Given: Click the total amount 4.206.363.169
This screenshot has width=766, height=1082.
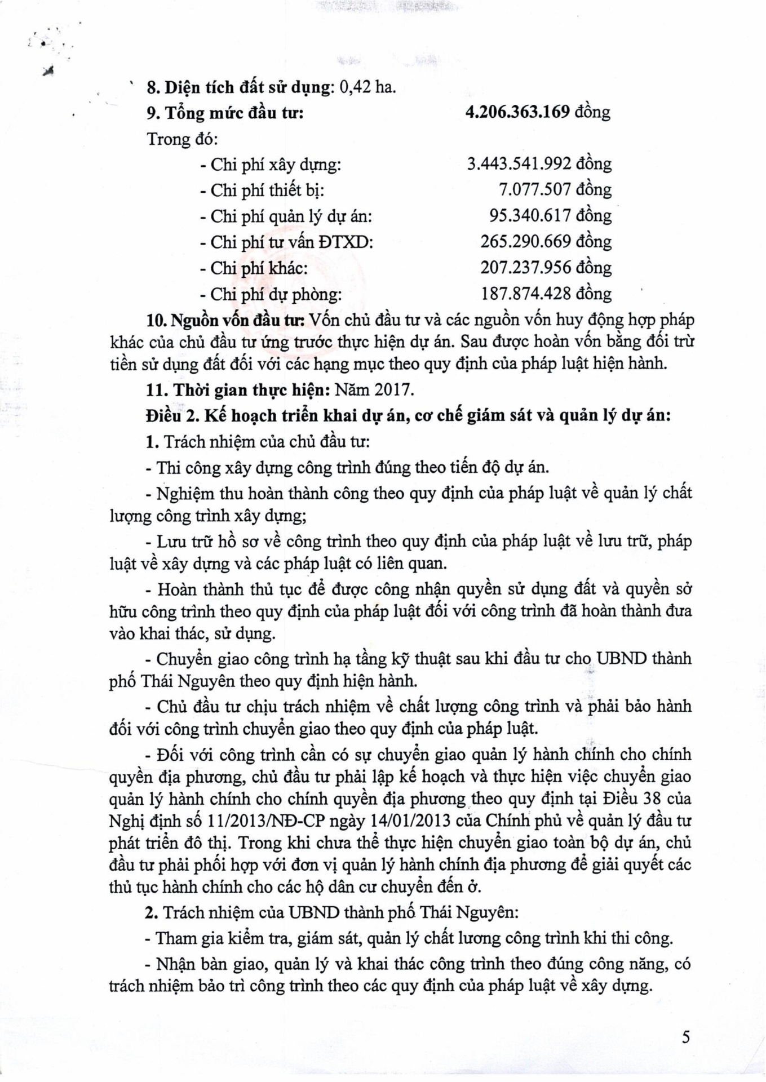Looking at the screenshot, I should pyautogui.click(x=517, y=112).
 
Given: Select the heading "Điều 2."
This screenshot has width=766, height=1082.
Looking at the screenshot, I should pyautogui.click(x=172, y=416).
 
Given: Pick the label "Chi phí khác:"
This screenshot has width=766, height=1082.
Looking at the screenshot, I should pyautogui.click(x=259, y=268).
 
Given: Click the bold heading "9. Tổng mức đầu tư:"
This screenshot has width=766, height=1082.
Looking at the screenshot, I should pyautogui.click(x=225, y=113).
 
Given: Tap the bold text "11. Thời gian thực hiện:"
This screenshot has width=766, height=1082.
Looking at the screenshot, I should pyautogui.click(x=238, y=390).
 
